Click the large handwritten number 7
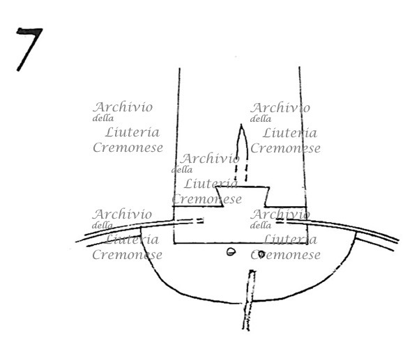point(29,47)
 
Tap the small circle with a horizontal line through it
point(231,252)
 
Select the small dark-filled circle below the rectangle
point(261,253)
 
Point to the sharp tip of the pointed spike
point(241,125)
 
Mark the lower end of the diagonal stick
point(246,329)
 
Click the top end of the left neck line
point(179,69)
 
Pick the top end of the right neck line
point(299,68)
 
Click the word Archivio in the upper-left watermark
point(123,107)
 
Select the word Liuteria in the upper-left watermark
point(132,132)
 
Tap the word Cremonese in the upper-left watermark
point(128,147)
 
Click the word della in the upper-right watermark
point(261,119)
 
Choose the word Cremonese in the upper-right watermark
point(285,148)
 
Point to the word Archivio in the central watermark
point(210,159)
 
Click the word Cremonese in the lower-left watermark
point(127,255)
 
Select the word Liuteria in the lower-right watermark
point(290,240)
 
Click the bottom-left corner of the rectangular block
point(174,243)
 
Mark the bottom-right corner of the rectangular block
point(307,243)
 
